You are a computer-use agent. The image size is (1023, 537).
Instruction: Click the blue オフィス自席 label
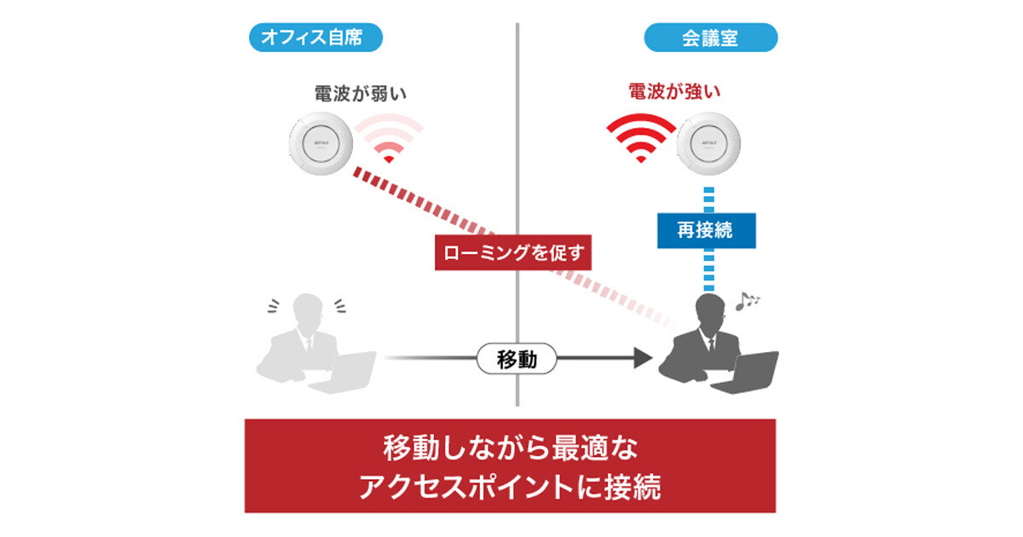click(x=315, y=38)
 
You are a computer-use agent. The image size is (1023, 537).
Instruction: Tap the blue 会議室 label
click(x=711, y=38)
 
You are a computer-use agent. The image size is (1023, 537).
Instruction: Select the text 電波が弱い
click(x=361, y=94)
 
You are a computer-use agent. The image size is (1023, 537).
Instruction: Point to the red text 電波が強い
click(x=674, y=91)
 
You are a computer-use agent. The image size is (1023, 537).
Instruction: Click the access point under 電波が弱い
click(x=321, y=143)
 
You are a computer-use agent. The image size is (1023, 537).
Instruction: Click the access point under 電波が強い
click(x=708, y=143)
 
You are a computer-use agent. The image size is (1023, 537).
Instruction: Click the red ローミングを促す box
click(x=513, y=252)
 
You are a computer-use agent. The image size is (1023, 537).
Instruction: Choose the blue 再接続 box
click(x=707, y=231)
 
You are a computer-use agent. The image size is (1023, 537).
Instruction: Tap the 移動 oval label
click(x=517, y=359)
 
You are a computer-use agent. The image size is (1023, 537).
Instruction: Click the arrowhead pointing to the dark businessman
click(x=644, y=357)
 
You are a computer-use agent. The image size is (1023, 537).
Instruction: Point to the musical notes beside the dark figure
click(x=747, y=302)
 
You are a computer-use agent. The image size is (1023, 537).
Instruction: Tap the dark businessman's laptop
click(x=745, y=372)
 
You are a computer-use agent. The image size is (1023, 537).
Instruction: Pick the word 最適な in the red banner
click(x=595, y=448)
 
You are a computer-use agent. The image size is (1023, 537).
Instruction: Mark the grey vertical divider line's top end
click(x=517, y=23)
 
